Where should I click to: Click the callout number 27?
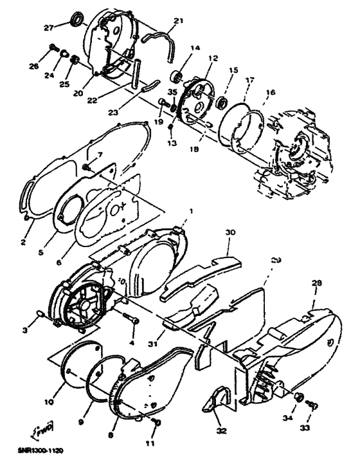coord(66,27)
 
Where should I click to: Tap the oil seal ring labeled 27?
coord(80,23)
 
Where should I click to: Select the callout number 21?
coord(178,21)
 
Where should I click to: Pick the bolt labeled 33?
coord(312,404)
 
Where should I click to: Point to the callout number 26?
coord(51,66)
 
